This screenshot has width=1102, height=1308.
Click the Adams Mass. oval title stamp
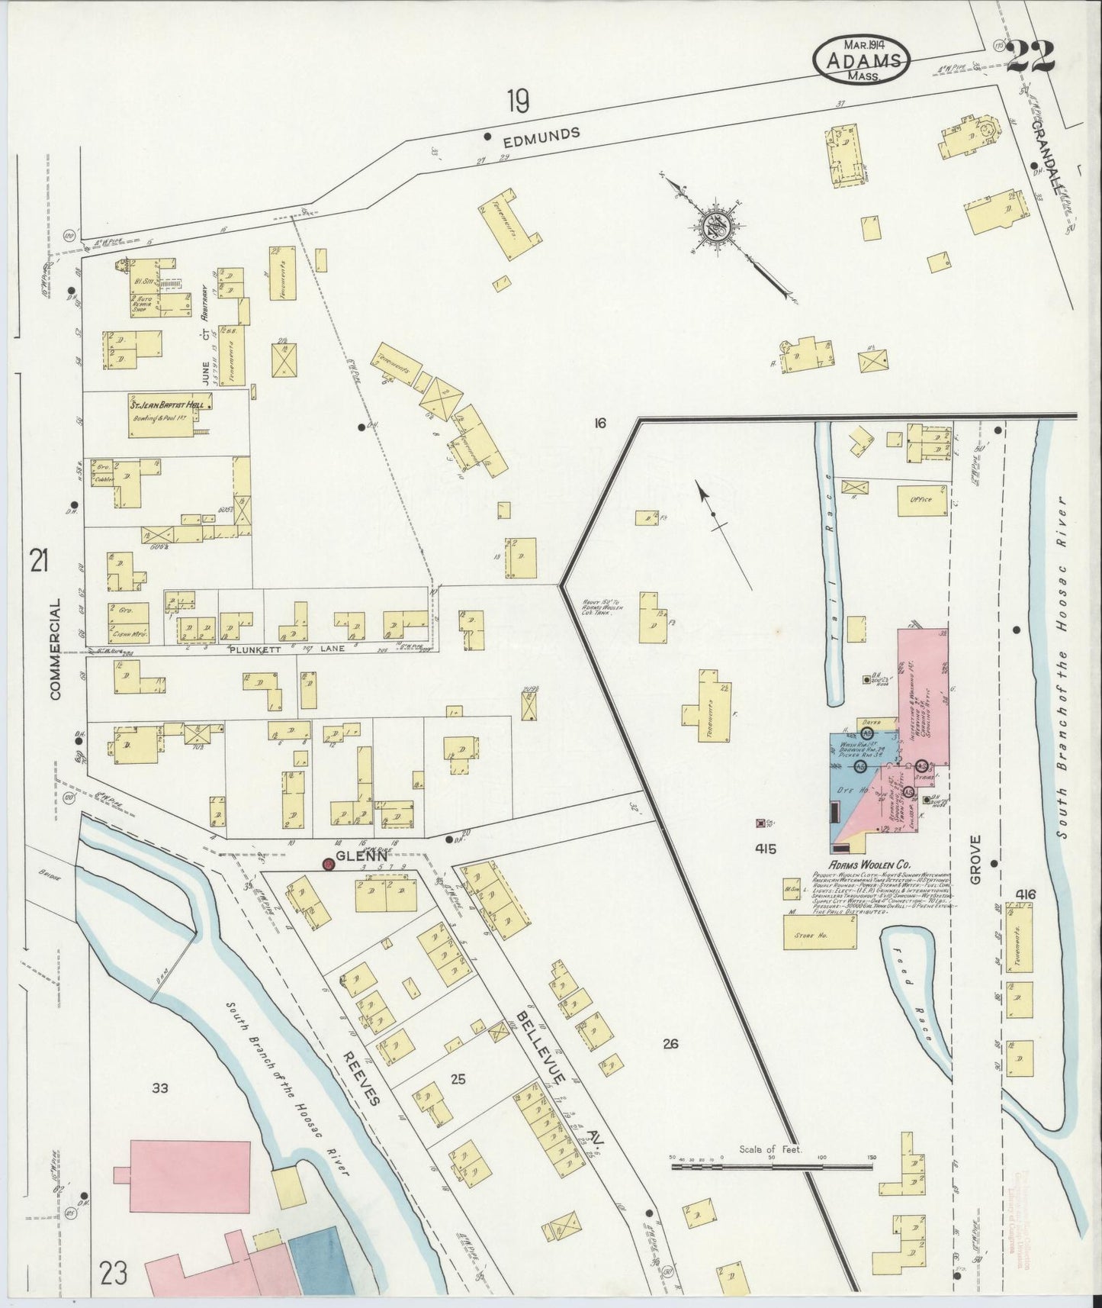[x=862, y=59]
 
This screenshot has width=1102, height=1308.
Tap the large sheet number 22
[x=1031, y=55]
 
